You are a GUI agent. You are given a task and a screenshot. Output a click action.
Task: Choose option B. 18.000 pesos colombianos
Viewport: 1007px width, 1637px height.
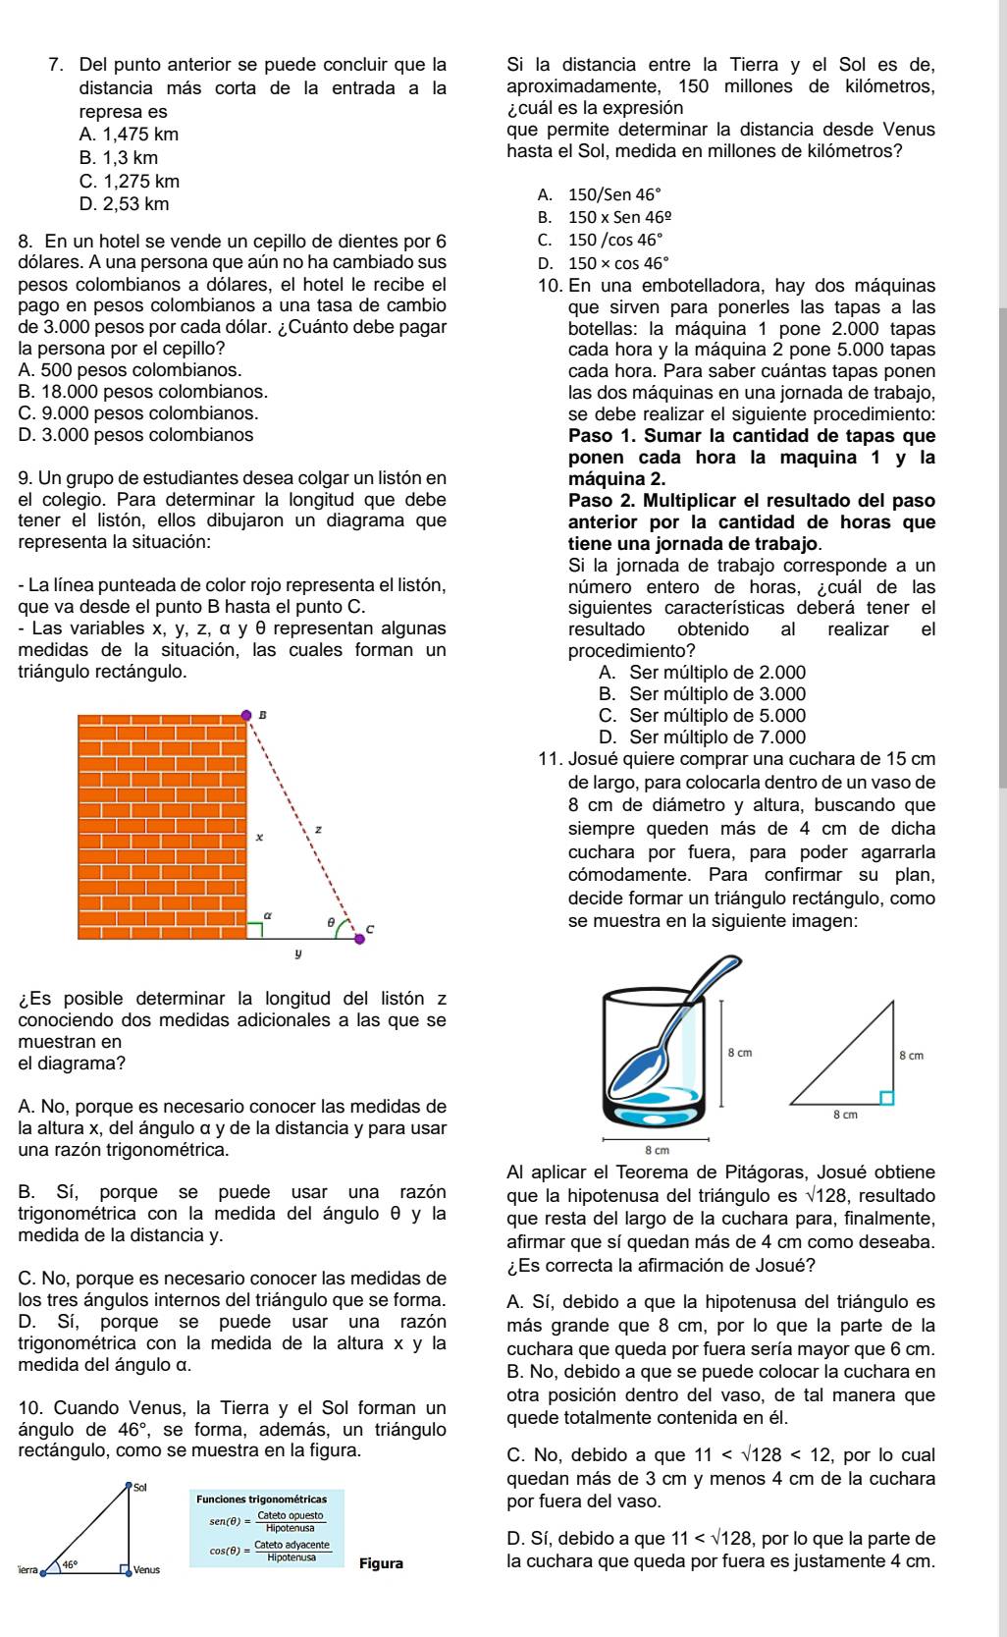pyautogui.click(x=142, y=391)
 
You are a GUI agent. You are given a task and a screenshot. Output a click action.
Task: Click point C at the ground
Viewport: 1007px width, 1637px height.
pyautogui.click(x=359, y=938)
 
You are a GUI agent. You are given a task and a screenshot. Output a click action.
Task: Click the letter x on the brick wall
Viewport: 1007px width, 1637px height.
pyautogui.click(x=259, y=838)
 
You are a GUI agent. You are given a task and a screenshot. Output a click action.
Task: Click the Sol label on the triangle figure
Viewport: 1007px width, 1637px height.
pyautogui.click(x=138, y=1489)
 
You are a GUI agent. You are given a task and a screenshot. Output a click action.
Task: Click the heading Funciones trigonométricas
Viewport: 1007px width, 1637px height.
pyautogui.click(x=262, y=1500)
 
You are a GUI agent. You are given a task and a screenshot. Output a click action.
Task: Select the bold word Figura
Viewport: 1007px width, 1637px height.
pyautogui.click(x=382, y=1563)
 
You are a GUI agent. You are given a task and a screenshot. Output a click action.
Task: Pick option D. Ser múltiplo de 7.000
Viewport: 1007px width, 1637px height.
pyautogui.click(x=701, y=737)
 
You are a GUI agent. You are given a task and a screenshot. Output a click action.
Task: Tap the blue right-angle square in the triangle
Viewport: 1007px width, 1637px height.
pyautogui.click(x=886, y=1097)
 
